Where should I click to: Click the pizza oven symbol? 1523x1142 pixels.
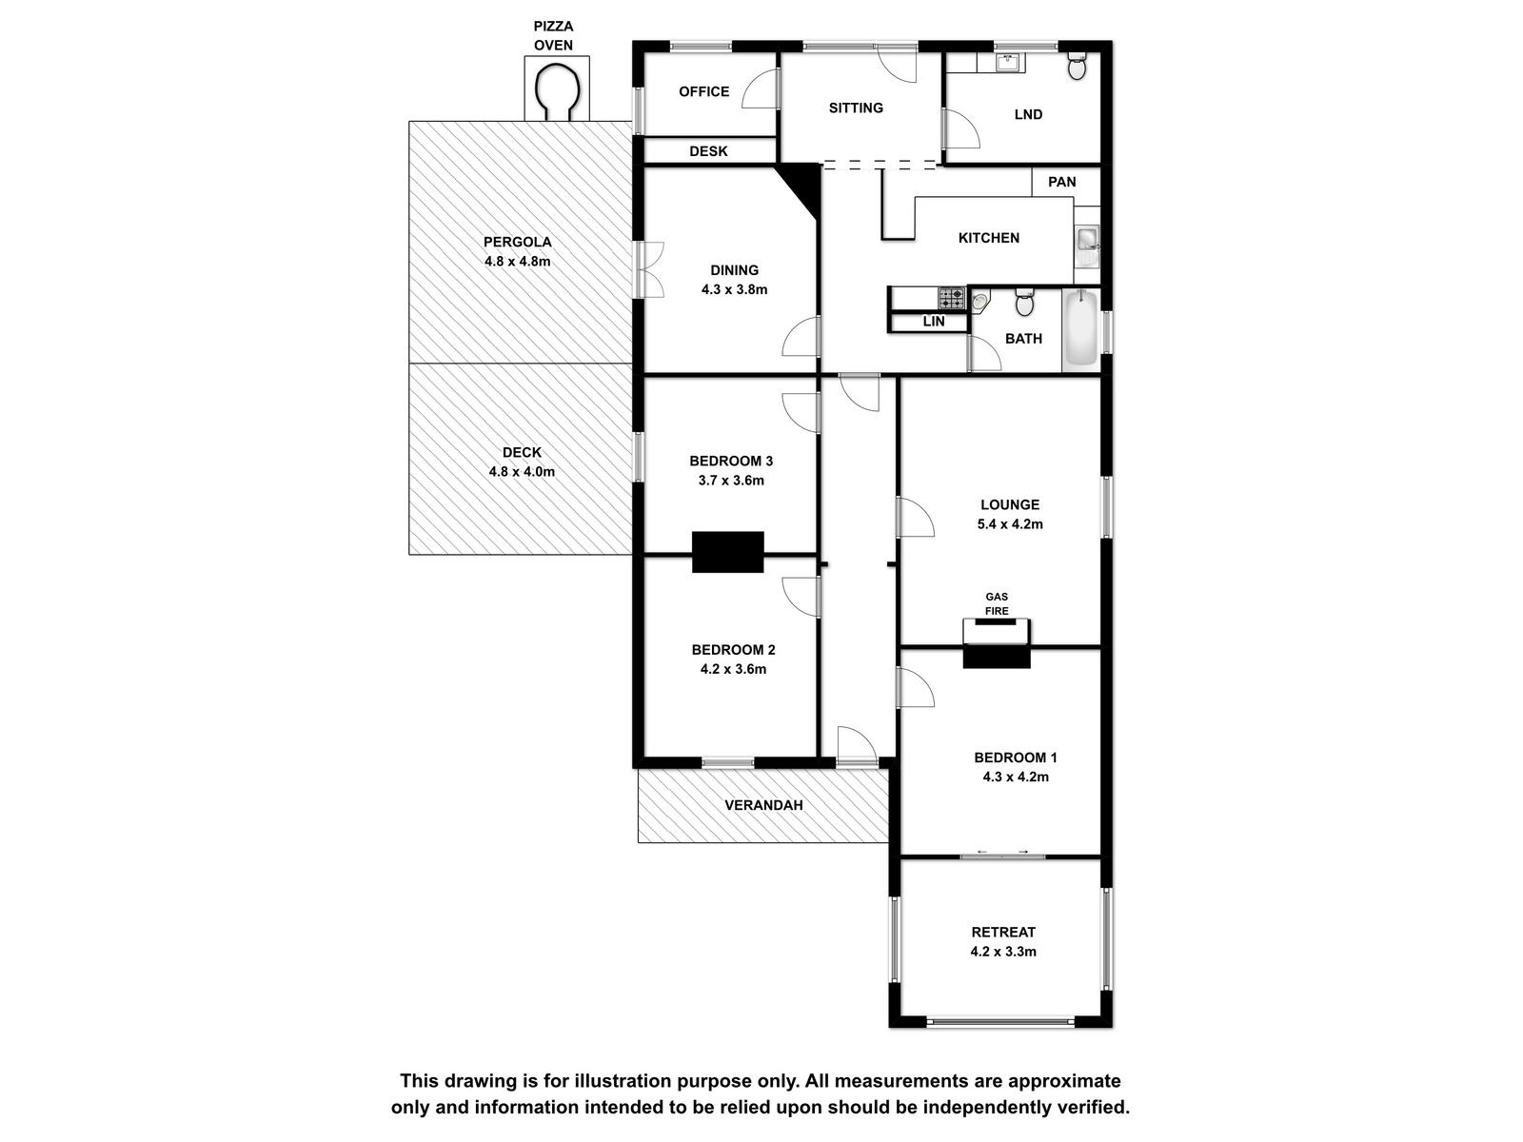coord(557,89)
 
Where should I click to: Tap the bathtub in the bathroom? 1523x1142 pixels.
coord(1080,328)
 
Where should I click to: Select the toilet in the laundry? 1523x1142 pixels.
coord(1077,66)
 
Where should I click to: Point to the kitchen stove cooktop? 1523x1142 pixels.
coord(951,298)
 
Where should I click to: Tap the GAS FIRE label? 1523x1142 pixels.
coord(997,604)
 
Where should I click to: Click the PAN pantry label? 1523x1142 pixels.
coord(1061,182)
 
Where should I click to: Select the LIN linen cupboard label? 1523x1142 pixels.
coord(933,322)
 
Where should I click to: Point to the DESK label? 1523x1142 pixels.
coord(708,151)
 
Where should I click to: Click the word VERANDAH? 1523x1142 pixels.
coord(763,805)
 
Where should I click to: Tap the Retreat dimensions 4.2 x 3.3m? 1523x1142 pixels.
coord(1003,952)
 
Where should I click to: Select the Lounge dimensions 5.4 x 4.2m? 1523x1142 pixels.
coord(1010,524)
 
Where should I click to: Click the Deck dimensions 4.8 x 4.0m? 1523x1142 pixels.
coord(522,471)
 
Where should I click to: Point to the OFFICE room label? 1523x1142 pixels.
coord(703,91)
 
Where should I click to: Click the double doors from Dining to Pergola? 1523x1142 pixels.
coord(649,269)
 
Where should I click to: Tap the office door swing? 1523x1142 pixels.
coord(761,89)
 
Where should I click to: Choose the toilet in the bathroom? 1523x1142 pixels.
coord(1024,303)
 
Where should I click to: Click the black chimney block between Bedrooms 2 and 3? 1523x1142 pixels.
coord(728,552)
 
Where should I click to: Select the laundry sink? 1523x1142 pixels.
coord(1008,63)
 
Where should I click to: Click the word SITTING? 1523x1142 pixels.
coord(856,108)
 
